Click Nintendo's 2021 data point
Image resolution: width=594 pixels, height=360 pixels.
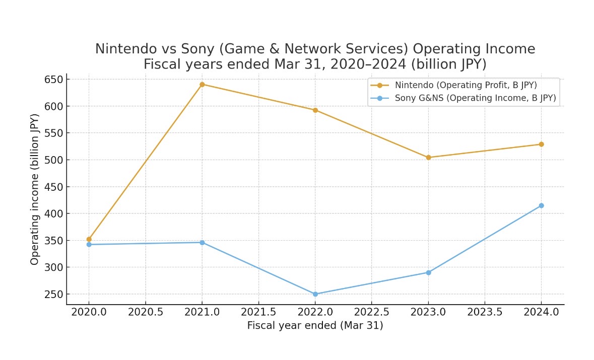[x=202, y=85]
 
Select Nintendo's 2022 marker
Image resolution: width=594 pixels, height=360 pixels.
[x=315, y=110]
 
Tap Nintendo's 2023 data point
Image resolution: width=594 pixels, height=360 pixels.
[x=428, y=158]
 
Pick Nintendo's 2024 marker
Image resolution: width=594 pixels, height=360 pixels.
[x=541, y=145]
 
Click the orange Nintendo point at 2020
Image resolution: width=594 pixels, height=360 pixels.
[x=89, y=239]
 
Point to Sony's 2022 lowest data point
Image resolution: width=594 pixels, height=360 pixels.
[x=315, y=294]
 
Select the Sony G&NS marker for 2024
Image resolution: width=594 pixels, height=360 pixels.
[x=541, y=205]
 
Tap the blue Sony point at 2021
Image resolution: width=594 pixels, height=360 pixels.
[x=202, y=243]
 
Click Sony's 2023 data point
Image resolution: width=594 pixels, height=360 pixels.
[x=428, y=272]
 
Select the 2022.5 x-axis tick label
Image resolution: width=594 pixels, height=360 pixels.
[x=371, y=312]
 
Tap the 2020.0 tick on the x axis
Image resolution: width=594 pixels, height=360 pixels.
[x=89, y=312]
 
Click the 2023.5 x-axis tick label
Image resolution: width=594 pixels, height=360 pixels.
[x=485, y=312]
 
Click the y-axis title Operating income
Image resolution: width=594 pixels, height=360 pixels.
[x=35, y=189]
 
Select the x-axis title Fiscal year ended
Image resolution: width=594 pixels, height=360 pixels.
[x=315, y=326]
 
